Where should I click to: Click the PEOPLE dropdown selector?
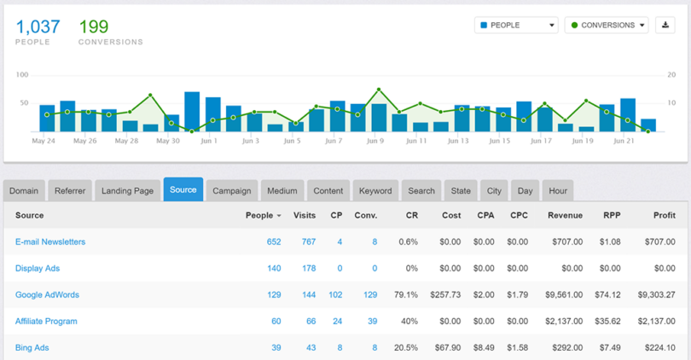click(516, 26)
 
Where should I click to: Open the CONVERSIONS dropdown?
click(606, 26)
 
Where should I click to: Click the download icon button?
click(665, 26)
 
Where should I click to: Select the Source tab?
click(183, 190)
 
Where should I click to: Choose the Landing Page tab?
click(127, 191)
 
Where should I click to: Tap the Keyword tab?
click(375, 191)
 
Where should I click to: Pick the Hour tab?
click(558, 191)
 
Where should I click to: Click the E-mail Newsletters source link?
click(50, 242)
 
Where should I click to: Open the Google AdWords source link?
click(47, 295)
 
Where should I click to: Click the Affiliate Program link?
click(46, 322)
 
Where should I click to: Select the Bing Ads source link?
click(33, 348)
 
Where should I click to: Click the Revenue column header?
click(565, 216)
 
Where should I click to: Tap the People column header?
click(259, 216)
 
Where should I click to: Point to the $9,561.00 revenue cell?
click(563, 295)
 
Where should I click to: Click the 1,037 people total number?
click(38, 27)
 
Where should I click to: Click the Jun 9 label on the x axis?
click(375, 141)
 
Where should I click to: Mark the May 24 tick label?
click(44, 141)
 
